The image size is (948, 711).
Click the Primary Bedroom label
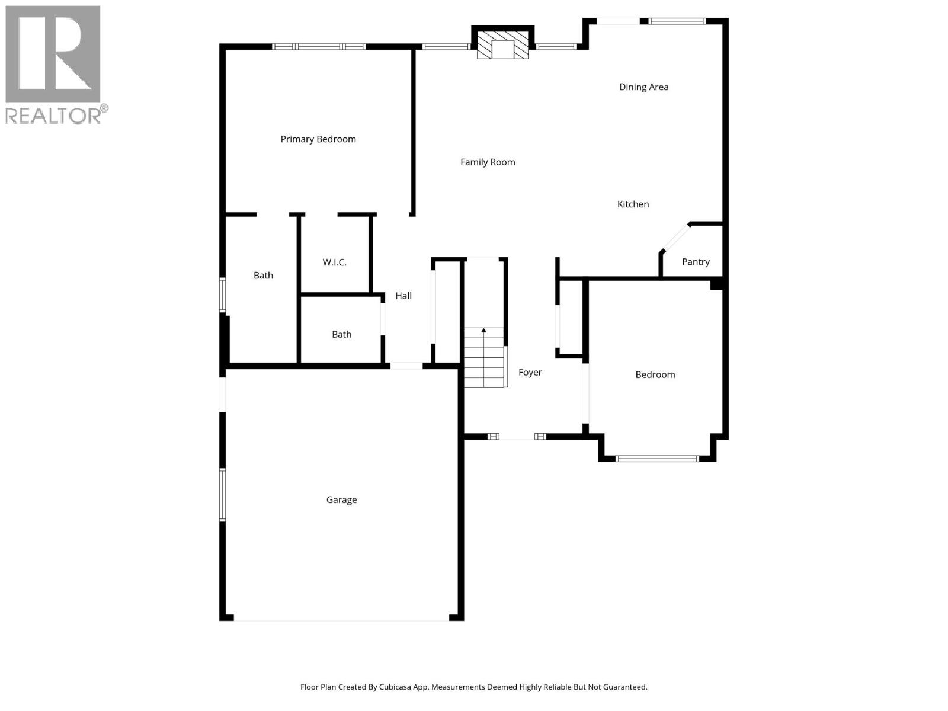click(318, 139)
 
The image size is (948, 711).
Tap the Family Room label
click(488, 162)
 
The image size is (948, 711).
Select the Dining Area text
click(643, 87)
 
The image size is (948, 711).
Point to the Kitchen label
click(633, 204)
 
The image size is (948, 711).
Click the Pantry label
click(695, 262)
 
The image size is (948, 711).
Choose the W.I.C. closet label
click(334, 262)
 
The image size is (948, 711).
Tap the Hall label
click(403, 296)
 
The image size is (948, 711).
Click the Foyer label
click(530, 373)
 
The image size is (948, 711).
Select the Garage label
click(341, 500)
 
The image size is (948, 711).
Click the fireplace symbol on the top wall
click(502, 44)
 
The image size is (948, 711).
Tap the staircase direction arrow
click(484, 331)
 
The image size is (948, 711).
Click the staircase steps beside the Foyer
click(484, 361)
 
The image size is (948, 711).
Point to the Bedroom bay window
click(657, 458)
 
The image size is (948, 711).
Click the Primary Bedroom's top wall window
click(319, 46)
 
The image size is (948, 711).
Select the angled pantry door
click(675, 238)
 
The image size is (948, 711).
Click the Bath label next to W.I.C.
click(263, 276)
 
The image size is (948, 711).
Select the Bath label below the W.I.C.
click(341, 335)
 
